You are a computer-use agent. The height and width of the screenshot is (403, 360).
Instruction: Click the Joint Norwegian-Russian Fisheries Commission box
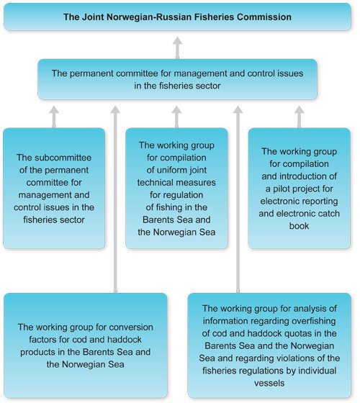(177, 16)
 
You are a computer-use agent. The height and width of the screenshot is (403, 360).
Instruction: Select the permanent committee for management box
(177, 79)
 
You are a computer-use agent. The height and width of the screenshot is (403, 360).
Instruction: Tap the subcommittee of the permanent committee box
(55, 188)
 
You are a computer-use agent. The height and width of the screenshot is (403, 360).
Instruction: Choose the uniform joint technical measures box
(177, 188)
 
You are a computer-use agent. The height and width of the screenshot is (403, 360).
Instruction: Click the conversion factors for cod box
(85, 345)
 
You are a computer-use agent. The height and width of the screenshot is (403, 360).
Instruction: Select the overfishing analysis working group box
(271, 345)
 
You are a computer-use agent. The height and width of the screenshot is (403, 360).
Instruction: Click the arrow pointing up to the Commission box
(177, 47)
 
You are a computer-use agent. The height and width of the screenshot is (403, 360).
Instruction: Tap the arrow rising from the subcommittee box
(54, 116)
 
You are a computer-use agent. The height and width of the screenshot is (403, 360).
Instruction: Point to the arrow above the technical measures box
(177, 116)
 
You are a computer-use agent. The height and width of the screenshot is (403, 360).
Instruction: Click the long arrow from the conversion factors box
(115, 201)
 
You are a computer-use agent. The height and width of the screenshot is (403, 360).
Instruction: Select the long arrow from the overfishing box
(238, 201)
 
